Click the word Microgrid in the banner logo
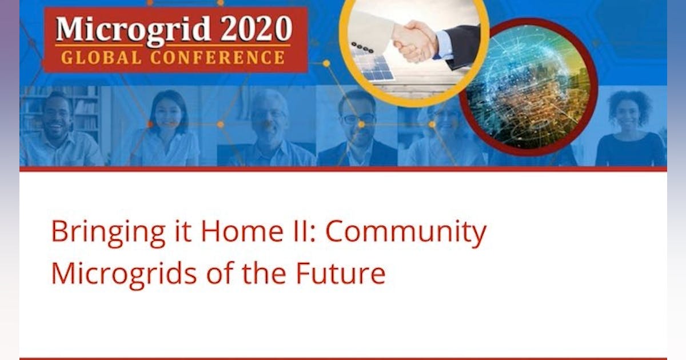(x=127, y=29)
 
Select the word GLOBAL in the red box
(x=96, y=57)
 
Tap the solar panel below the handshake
(x=374, y=67)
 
